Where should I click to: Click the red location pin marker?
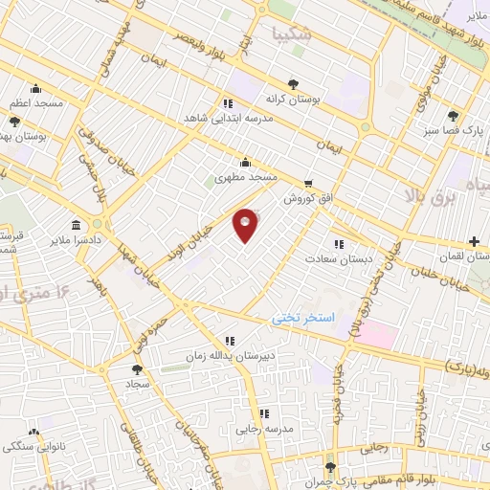click(x=246, y=225)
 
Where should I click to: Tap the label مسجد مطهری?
click(x=245, y=177)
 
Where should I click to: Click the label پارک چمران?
click(x=342, y=477)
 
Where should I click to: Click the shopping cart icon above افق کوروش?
click(x=307, y=183)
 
